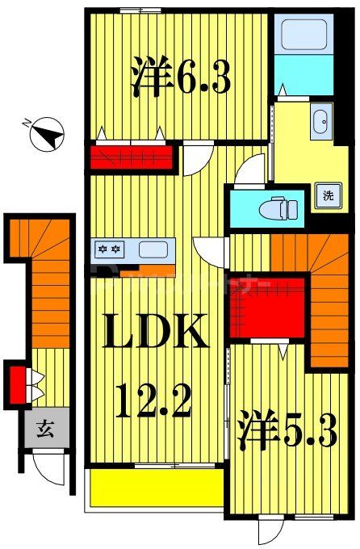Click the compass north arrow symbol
click(x=46, y=133)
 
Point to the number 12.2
click(x=153, y=399)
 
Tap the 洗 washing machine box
click(x=328, y=195)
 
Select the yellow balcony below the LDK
click(x=156, y=488)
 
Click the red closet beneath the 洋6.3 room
click(x=132, y=156)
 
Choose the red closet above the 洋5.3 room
click(x=268, y=308)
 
